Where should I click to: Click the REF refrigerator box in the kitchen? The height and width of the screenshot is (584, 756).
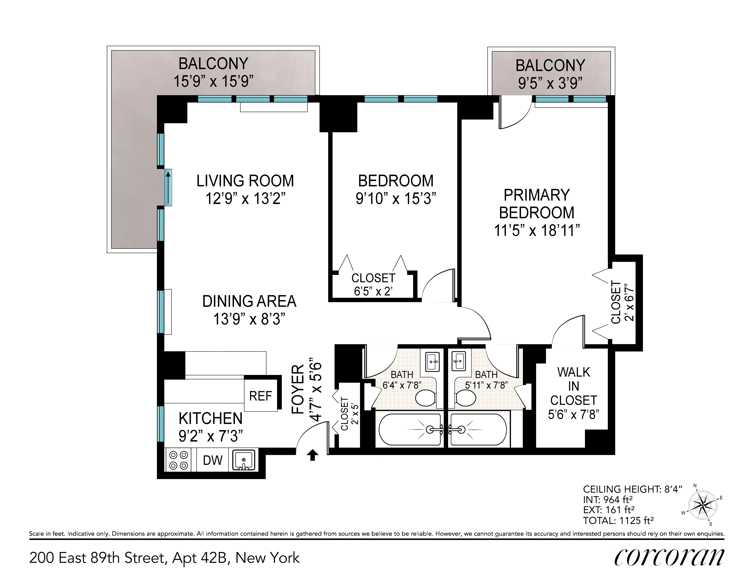(x=261, y=395)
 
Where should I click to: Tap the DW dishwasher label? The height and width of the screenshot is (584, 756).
(x=213, y=460)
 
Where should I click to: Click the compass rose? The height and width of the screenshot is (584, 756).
(x=702, y=505)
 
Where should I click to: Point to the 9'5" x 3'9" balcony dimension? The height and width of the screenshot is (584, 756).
(x=550, y=83)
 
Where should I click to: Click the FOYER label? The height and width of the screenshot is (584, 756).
(x=298, y=389)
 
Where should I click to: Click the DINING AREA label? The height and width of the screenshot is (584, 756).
(x=249, y=301)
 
